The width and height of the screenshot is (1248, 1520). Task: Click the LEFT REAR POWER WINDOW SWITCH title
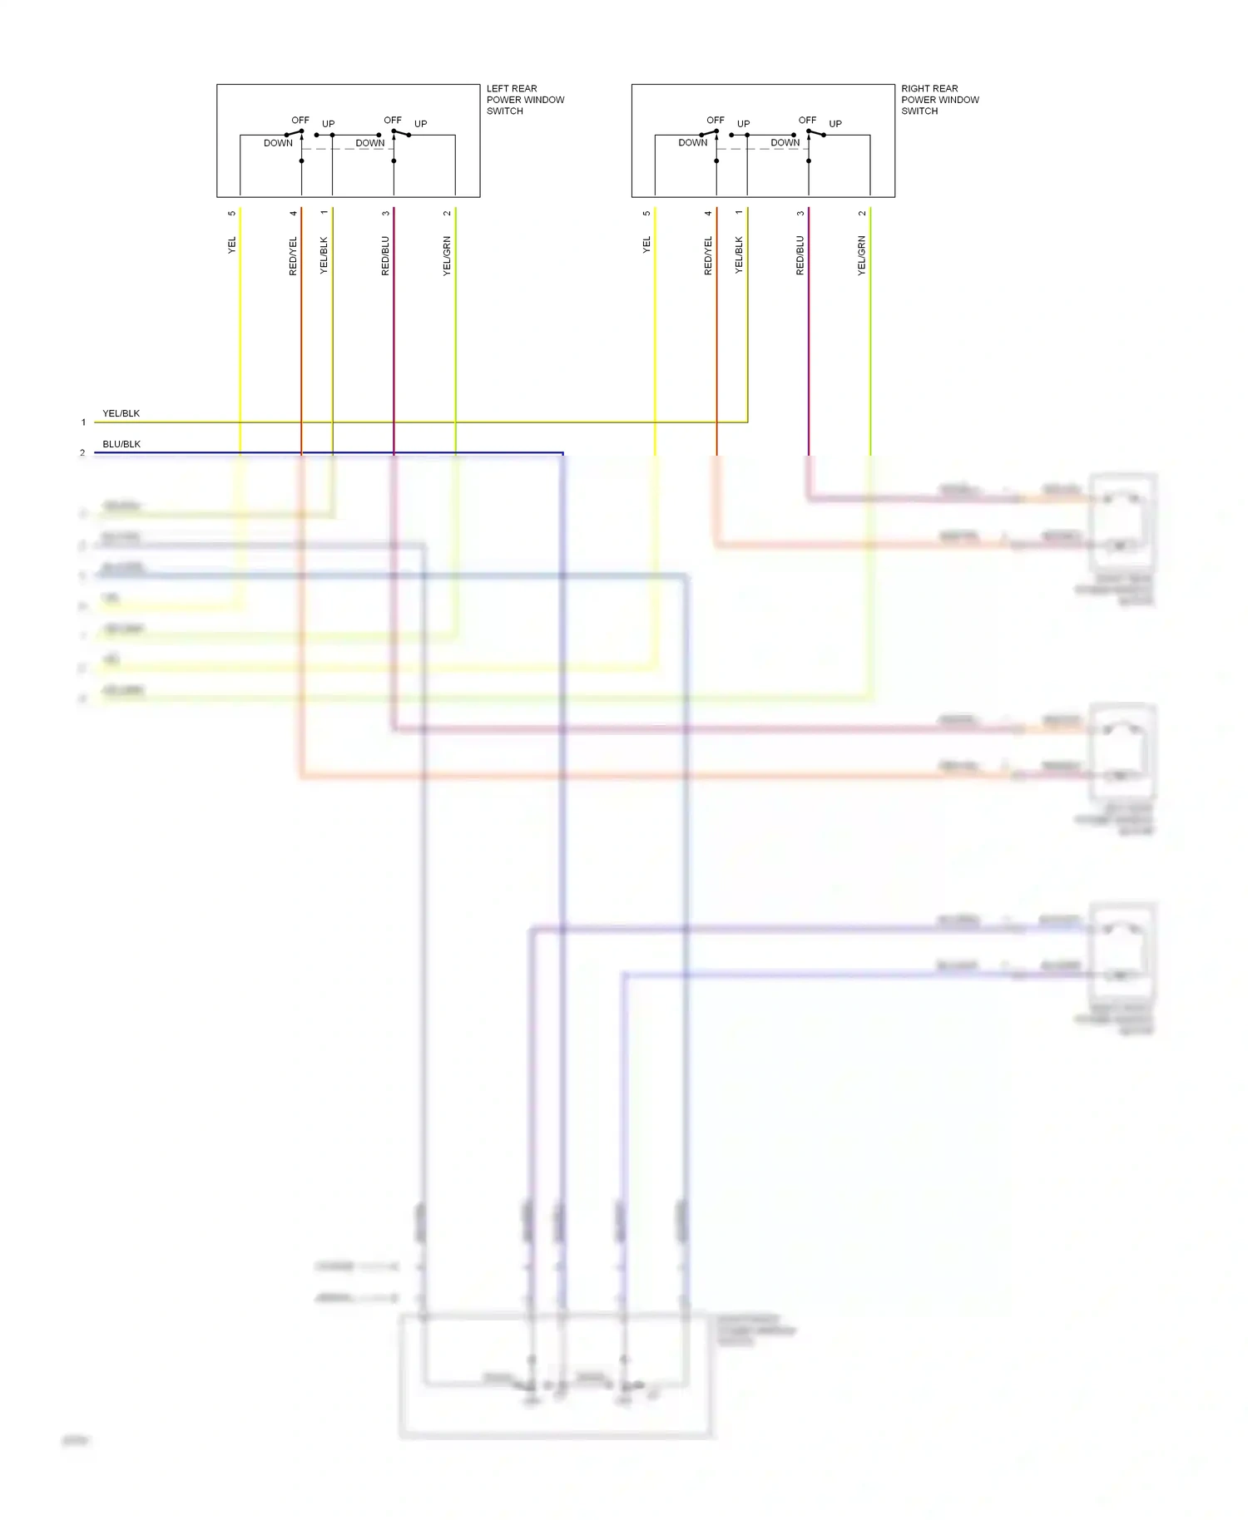tap(524, 100)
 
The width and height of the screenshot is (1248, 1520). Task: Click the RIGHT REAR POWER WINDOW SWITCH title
tap(939, 100)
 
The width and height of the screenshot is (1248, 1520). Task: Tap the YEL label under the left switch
tap(232, 245)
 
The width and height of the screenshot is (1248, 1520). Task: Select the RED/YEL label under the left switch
tap(293, 256)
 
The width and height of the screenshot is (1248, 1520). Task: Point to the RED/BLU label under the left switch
tap(385, 256)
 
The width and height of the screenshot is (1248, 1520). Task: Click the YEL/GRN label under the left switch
tap(447, 256)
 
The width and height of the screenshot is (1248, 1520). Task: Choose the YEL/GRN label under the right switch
tap(862, 256)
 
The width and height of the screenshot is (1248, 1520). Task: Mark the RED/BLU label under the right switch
tap(800, 256)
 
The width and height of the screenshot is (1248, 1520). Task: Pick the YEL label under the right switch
tap(646, 245)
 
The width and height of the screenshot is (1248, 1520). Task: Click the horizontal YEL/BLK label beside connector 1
tap(121, 413)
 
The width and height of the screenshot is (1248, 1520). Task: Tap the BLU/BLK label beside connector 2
tap(121, 444)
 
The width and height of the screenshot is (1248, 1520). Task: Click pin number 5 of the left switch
tap(232, 214)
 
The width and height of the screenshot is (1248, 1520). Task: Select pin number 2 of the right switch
tap(862, 214)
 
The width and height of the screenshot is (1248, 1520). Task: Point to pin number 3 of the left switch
tap(385, 214)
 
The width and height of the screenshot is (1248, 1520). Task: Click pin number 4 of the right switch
tap(708, 214)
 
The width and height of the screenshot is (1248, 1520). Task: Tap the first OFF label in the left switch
tap(300, 121)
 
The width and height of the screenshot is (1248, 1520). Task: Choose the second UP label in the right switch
tap(835, 124)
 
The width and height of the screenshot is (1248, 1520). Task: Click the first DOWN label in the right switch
tap(692, 143)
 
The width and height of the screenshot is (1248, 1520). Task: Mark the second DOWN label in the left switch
tap(370, 143)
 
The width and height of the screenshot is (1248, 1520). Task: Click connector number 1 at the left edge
tap(83, 422)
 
